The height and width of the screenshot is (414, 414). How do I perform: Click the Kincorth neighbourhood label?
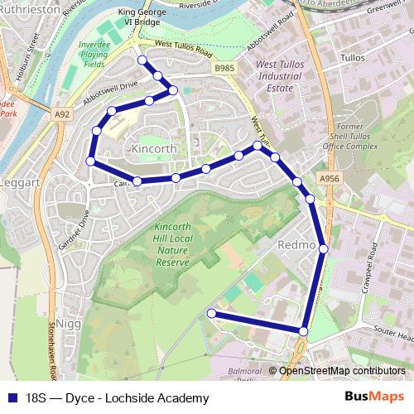[x=156, y=147]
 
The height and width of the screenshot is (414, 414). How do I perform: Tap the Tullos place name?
[x=353, y=59]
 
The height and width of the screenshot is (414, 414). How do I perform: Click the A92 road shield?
[x=60, y=113]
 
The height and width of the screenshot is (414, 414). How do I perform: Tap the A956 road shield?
[x=327, y=176]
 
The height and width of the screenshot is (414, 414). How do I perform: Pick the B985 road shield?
[x=224, y=68]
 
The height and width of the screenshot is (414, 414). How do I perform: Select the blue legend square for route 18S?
[x=13, y=397]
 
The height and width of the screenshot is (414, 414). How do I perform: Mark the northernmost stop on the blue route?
[x=142, y=60]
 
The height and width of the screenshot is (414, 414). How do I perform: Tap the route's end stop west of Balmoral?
[x=211, y=313]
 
